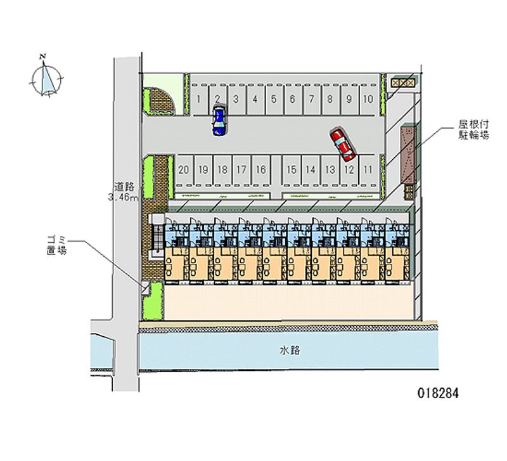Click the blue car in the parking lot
219,120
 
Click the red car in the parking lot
342,145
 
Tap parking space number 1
199,100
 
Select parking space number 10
368,100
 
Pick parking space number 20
184,170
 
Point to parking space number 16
261,170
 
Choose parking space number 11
368,170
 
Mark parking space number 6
293,100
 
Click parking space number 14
311,170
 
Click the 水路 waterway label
290,351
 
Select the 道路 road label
124,186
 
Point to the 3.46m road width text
123,197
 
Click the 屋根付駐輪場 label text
473,129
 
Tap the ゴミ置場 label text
57,245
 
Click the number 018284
438,393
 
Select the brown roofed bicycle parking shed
408,155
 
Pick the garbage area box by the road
145,288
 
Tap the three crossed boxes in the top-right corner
403,83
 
